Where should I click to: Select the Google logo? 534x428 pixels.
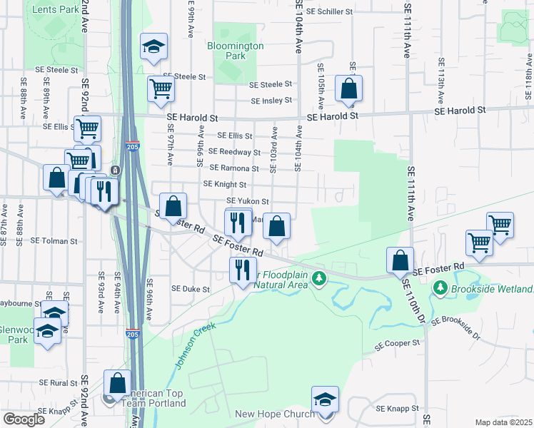[24, 419]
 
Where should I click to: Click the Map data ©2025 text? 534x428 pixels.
[503, 422]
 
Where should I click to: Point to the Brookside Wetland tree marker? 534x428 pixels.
[440, 288]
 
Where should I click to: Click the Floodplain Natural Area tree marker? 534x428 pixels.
[321, 277]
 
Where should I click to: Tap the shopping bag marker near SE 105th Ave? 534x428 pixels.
[348, 89]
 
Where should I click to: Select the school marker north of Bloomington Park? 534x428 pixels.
[153, 48]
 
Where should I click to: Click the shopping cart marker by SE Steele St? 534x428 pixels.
[161, 89]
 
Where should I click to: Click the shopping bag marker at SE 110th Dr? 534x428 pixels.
[400, 260]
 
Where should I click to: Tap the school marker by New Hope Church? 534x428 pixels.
[325, 399]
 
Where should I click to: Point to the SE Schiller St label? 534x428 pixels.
[329, 12]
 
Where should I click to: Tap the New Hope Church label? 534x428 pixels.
[274, 414]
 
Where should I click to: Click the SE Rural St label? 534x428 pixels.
[54, 382]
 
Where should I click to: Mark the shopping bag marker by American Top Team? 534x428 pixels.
[117, 383]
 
